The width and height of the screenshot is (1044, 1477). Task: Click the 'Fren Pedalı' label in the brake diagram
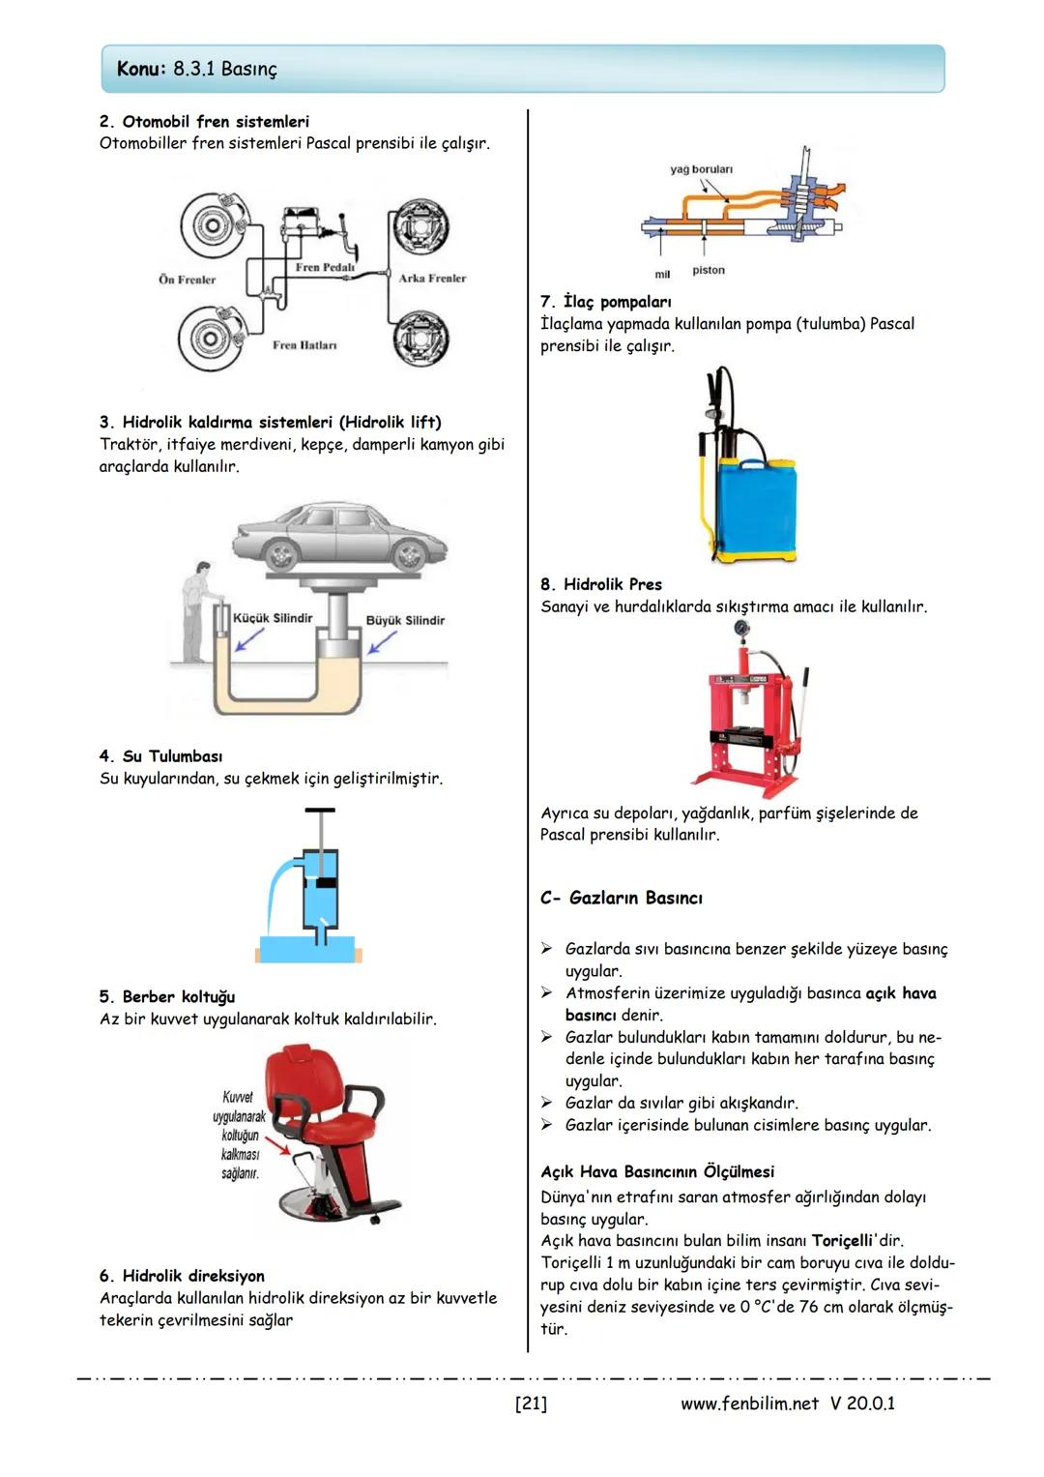(325, 267)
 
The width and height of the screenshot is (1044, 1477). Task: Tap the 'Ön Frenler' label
(188, 280)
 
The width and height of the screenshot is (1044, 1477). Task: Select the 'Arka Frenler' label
(432, 278)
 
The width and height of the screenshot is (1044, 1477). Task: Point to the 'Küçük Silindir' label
(273, 618)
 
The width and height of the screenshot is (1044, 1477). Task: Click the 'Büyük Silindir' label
(405, 620)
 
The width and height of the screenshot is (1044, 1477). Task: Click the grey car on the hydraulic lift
(340, 536)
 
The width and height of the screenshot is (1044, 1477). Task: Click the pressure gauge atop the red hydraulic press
(742, 628)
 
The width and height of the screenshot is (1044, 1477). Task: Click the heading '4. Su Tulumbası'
(160, 756)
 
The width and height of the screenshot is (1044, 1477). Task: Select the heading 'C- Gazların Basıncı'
(622, 898)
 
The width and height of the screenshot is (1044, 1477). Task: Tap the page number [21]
(531, 1403)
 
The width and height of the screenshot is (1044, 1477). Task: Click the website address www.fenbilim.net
(749, 1403)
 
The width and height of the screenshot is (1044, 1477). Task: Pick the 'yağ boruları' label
(701, 169)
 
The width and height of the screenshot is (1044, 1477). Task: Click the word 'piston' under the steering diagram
(709, 270)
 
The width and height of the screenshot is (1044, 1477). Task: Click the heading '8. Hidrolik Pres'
(601, 584)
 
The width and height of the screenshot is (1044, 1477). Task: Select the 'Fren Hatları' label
(304, 344)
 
